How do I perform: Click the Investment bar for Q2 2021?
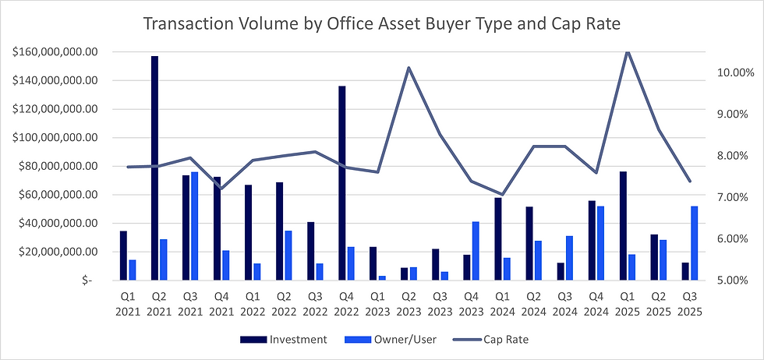click(154, 168)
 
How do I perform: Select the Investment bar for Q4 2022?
click(341, 182)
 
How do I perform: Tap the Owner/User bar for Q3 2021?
click(195, 226)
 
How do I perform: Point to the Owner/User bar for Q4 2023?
click(476, 251)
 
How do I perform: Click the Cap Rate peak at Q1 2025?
click(628, 51)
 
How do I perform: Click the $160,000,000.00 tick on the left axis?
click(55, 52)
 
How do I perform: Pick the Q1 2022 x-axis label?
click(253, 304)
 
